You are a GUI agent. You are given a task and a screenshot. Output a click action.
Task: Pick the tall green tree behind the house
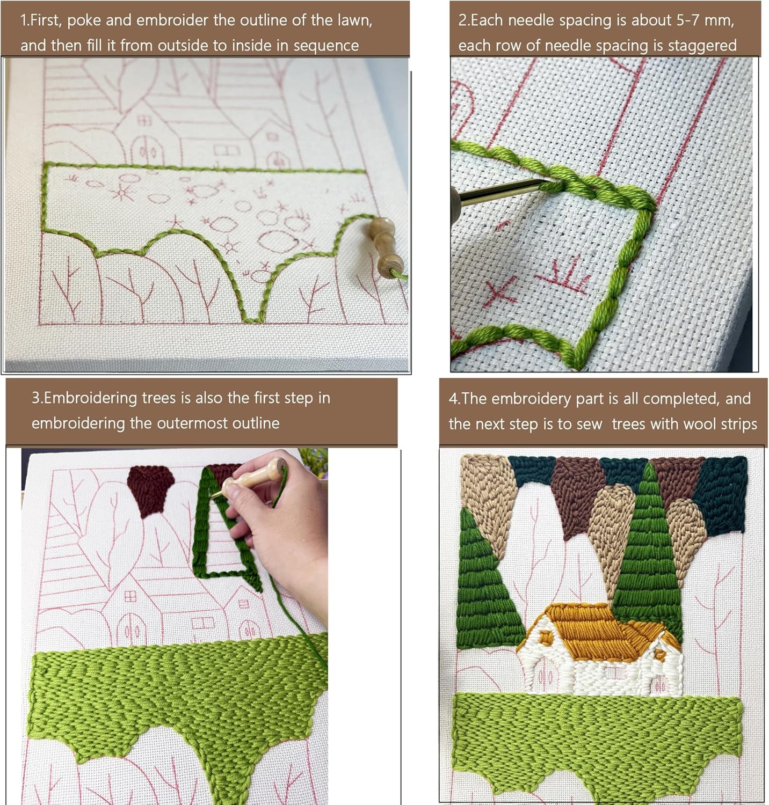(648, 553)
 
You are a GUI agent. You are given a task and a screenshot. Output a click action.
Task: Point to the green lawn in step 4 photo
(596, 741)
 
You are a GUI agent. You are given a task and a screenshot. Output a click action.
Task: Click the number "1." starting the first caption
(25, 20)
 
